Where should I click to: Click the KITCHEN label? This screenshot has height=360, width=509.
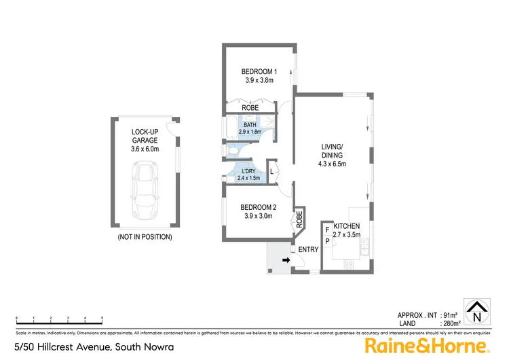click(x=346, y=226)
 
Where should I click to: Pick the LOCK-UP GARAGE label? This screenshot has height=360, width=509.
click(x=145, y=132)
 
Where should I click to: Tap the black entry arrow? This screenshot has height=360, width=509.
click(x=286, y=260)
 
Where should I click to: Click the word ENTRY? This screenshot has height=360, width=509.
click(x=308, y=250)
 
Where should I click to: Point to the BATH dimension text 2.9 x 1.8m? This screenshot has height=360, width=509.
click(x=250, y=131)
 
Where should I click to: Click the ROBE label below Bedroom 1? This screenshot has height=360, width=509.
click(x=250, y=107)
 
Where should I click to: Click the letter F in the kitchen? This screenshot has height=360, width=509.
click(x=326, y=230)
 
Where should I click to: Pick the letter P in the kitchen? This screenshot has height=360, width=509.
click(x=326, y=241)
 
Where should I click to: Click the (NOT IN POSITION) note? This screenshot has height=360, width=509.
click(x=145, y=237)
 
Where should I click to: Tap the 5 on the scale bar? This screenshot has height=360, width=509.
click(x=102, y=318)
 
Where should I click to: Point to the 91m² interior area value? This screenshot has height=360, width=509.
click(x=449, y=316)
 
